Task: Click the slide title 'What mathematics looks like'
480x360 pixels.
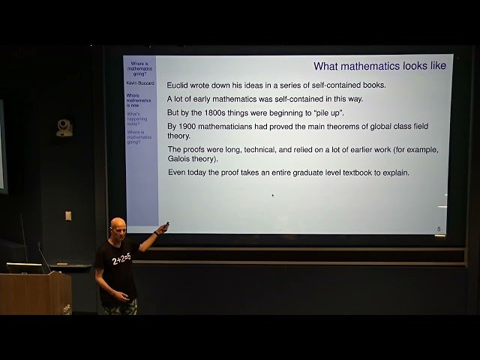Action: (379, 66)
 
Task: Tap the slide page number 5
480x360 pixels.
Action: (439, 228)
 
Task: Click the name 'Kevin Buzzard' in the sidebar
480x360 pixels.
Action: (140, 83)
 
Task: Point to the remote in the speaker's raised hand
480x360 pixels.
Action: (166, 225)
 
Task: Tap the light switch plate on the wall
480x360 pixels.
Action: (67, 215)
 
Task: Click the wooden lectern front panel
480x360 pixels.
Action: (34, 293)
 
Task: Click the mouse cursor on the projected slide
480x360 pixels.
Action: (272, 196)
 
